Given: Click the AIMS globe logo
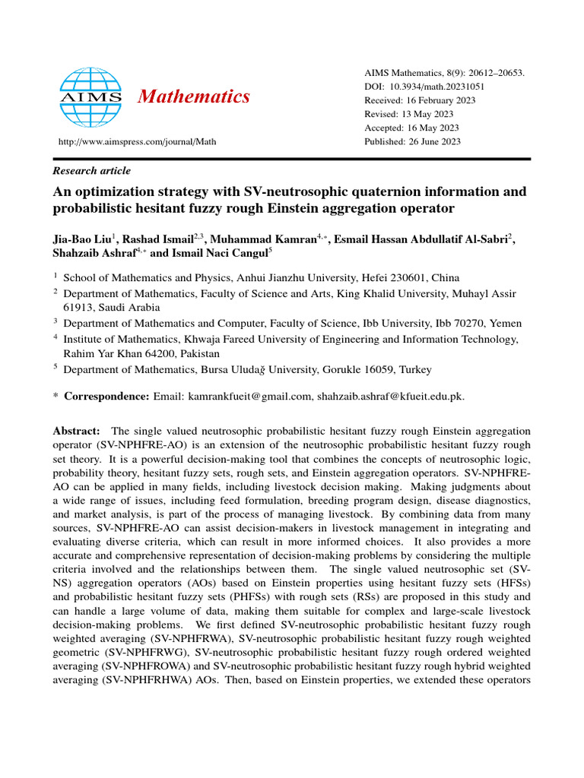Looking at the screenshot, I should point(90,96).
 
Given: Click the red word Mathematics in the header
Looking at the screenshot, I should point(194,96).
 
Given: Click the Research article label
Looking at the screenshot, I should point(91,171).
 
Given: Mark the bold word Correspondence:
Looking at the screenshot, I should point(107,396).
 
